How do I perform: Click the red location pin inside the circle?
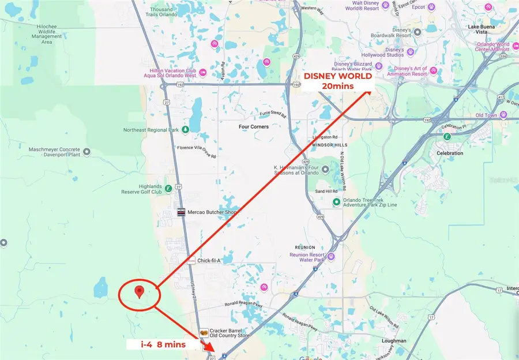click(x=138, y=292)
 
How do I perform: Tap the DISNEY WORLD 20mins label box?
click(x=337, y=81)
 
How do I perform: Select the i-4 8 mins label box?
click(x=163, y=344)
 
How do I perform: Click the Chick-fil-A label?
click(x=209, y=261)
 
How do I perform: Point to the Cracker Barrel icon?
click(x=203, y=333)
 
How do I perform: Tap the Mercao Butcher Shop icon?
click(x=181, y=212)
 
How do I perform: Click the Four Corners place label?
click(x=254, y=126)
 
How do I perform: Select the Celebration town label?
click(x=450, y=153)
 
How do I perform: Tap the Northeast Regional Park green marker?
click(x=186, y=129)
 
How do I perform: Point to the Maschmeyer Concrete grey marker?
click(x=87, y=152)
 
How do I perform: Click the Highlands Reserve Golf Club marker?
click(x=168, y=187)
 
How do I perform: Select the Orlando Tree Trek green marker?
click(x=336, y=201)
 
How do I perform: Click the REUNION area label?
click(x=306, y=247)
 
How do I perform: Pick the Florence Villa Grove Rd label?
click(x=196, y=155)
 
